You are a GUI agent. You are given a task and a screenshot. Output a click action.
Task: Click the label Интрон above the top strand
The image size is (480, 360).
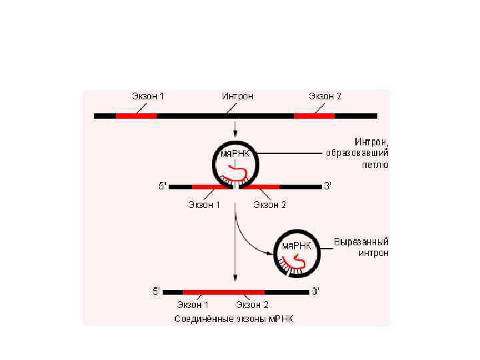click(x=237, y=96)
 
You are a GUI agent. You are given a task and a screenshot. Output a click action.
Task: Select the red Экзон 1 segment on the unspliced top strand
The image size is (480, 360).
click(x=136, y=115)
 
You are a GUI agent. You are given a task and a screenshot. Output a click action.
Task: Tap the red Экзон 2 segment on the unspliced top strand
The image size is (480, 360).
click(x=314, y=115)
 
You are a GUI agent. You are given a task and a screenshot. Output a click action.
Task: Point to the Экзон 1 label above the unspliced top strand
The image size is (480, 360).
click(x=148, y=96)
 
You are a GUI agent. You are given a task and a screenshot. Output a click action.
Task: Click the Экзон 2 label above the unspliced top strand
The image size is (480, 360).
click(x=325, y=96)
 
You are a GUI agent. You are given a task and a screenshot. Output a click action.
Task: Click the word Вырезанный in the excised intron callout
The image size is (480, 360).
click(x=361, y=241)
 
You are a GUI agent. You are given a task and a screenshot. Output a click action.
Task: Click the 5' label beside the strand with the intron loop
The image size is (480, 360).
click(x=162, y=187)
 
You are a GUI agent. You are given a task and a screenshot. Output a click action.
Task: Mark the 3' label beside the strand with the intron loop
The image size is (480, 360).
click(x=327, y=187)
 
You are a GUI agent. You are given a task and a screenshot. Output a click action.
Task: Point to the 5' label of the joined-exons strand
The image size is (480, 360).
click(x=157, y=291)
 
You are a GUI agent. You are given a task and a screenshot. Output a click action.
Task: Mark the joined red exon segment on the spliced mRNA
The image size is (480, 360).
click(x=223, y=292)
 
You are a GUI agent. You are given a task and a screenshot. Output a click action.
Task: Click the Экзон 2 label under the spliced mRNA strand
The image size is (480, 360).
click(x=251, y=305)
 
